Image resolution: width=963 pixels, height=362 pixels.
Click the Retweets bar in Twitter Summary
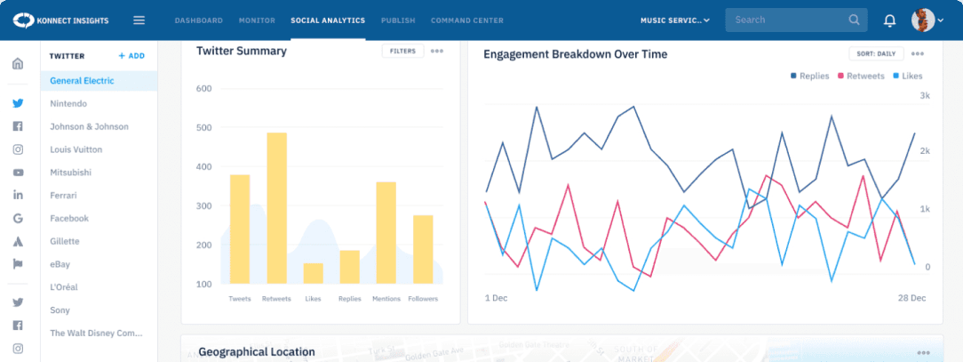pos(276,208)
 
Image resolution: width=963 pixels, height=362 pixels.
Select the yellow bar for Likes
pos(314,273)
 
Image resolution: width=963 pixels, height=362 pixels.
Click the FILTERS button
pos(402,52)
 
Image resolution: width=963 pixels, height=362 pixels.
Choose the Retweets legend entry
pos(861,76)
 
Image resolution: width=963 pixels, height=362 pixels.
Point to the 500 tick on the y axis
pos(204,127)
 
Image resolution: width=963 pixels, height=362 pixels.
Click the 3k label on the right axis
pos(925,95)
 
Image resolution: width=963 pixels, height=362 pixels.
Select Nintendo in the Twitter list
pos(68,104)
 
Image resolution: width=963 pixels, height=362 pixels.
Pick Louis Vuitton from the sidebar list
pos(76,149)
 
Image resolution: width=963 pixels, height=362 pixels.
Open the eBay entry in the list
pos(60,264)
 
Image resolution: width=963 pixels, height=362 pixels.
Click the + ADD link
pos(131,56)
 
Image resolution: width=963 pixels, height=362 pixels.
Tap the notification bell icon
pos(889,20)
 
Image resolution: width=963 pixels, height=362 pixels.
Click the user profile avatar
pos(923,20)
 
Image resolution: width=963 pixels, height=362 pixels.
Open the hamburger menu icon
pos(139,20)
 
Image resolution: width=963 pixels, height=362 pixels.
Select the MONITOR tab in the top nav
pos(258,20)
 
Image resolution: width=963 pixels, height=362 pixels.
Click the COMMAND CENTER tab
pos(466,20)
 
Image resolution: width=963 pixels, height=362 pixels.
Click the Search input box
pos(786,20)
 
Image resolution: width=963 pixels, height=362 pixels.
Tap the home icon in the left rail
pos(17,63)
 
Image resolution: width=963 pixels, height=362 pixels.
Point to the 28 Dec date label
pos(912,297)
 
